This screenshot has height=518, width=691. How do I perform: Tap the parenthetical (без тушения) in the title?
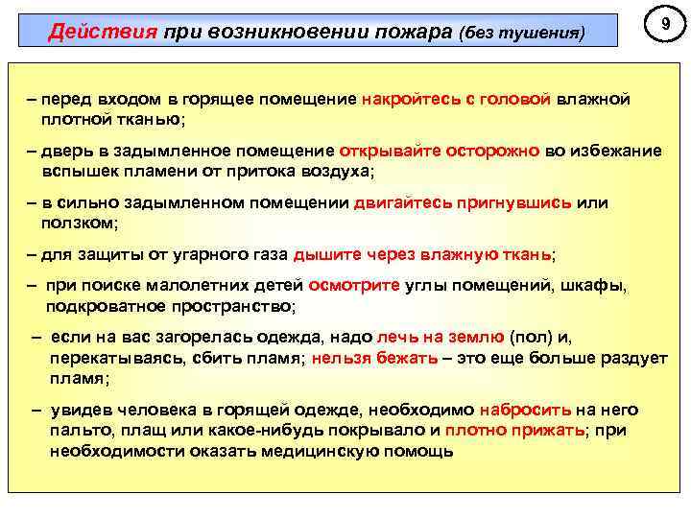520,33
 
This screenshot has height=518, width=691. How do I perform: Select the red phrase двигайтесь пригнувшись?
463,203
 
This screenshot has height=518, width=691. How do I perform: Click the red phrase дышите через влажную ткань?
422,255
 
